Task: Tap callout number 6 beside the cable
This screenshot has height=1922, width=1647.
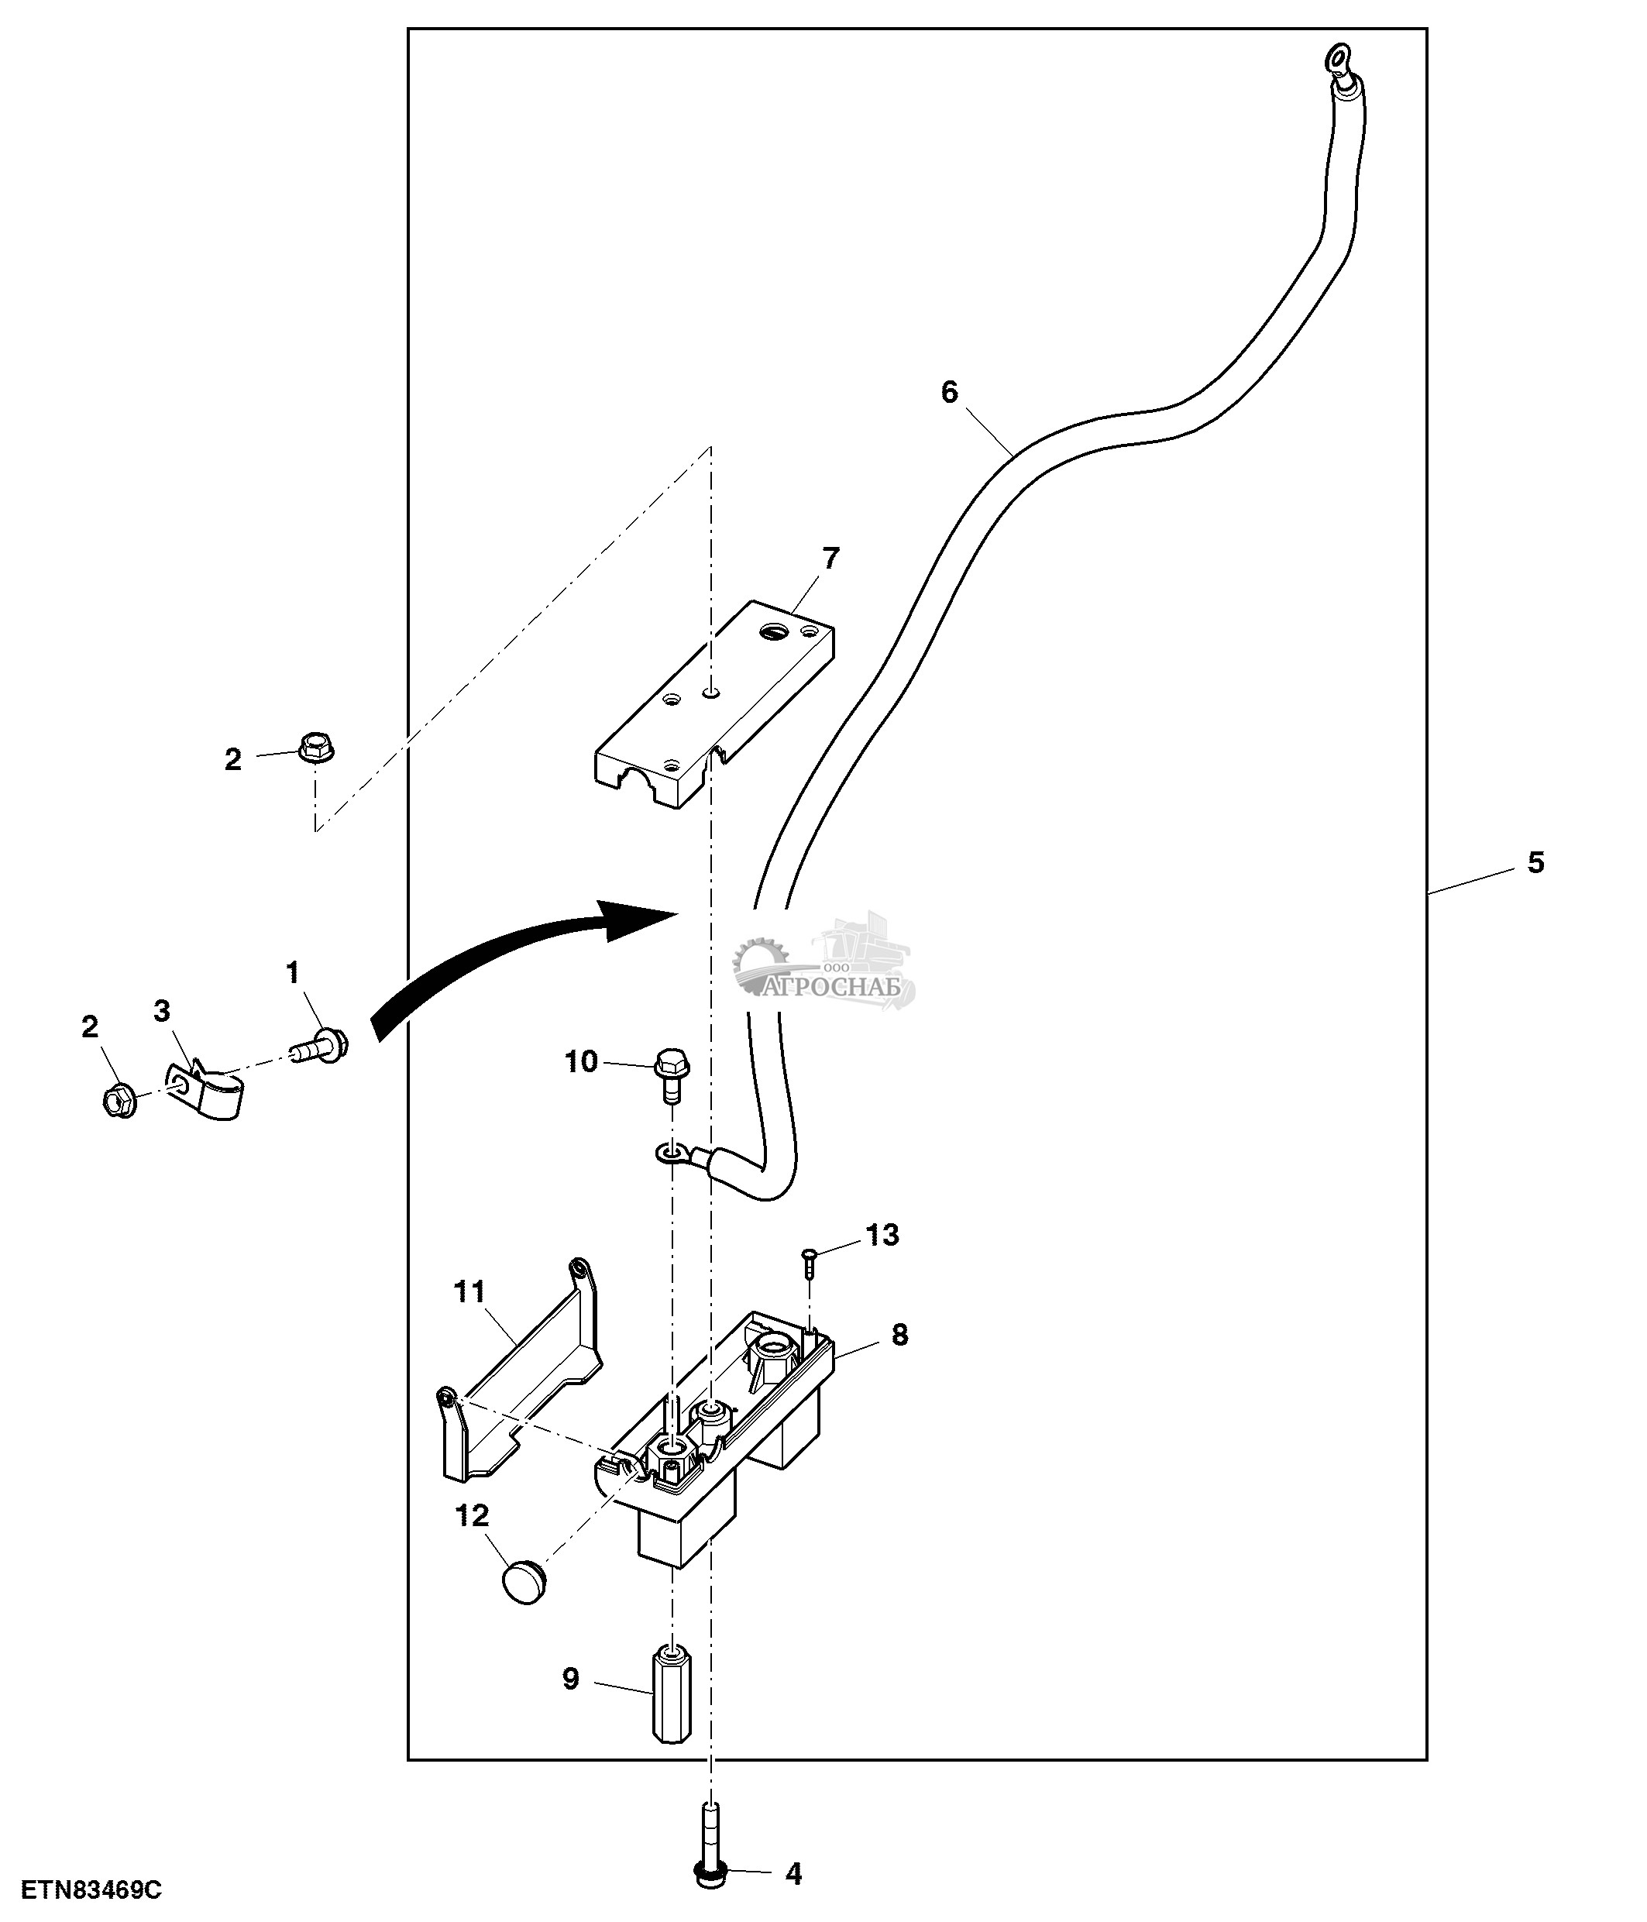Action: (949, 392)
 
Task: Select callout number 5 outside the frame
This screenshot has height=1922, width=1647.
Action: (1535, 863)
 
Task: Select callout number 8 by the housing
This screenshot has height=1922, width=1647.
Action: (899, 1335)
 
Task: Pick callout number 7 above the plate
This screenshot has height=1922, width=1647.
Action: (830, 559)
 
